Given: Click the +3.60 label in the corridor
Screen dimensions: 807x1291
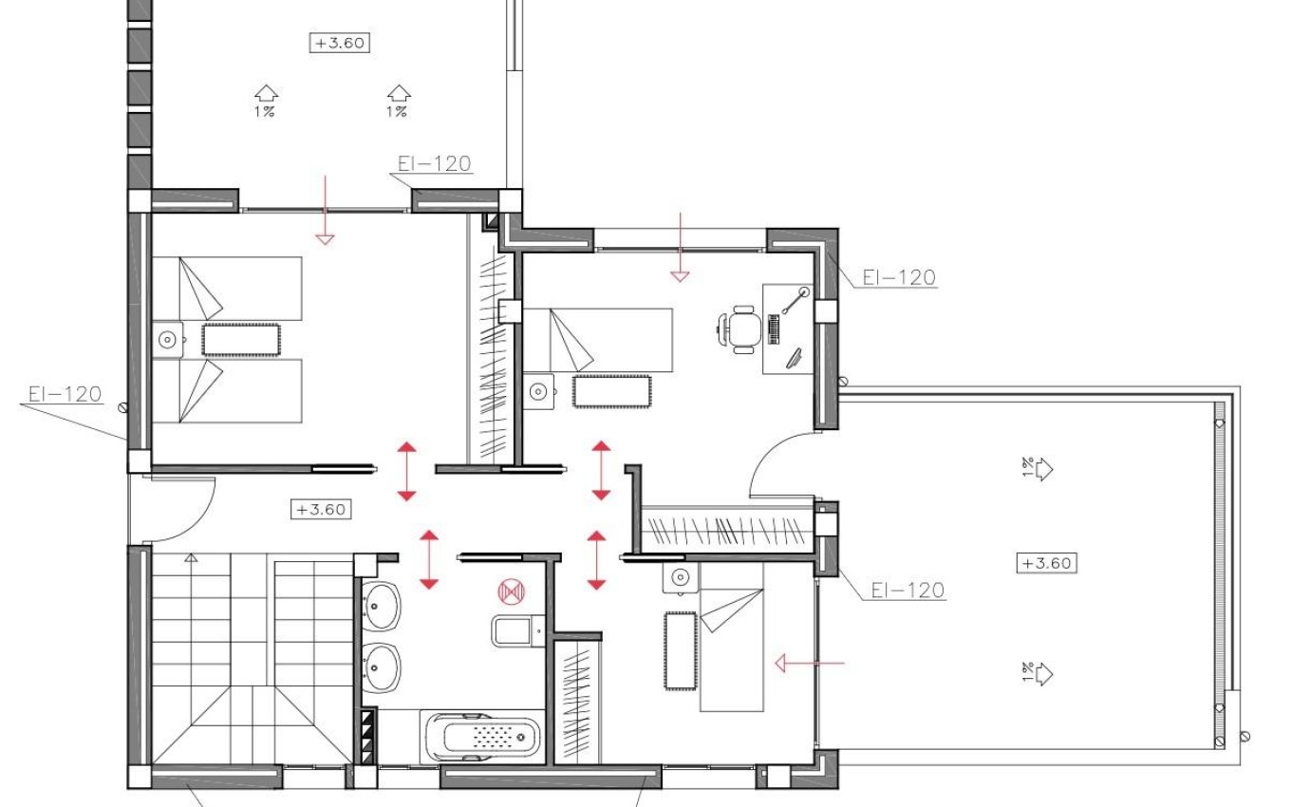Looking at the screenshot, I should click(x=321, y=509).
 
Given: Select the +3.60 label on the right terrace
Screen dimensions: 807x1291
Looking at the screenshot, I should click(x=1047, y=562).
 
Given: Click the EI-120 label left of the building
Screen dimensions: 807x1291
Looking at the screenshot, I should click(x=65, y=394).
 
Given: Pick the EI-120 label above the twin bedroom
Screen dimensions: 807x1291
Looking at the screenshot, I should click(x=434, y=163).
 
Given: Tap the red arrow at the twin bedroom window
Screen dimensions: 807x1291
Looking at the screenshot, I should click(x=326, y=209).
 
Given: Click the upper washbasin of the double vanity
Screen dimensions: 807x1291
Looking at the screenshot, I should click(x=382, y=600).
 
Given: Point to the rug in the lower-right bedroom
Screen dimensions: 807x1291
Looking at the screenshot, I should click(x=680, y=651).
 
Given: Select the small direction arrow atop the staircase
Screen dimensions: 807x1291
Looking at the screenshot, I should click(x=192, y=558).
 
